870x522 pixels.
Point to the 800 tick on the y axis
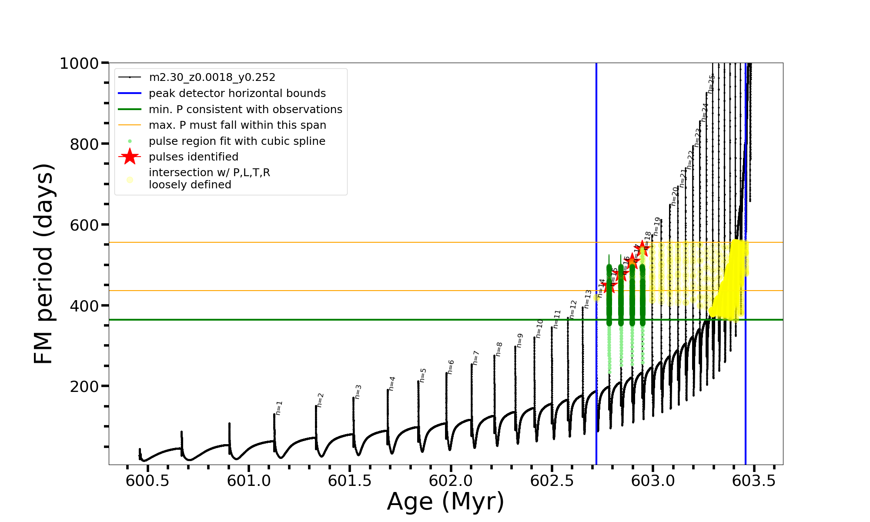click(84, 144)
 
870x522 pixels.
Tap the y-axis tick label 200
click(84, 386)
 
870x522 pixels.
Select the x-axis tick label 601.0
click(249, 481)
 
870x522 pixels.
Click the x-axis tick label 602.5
click(552, 481)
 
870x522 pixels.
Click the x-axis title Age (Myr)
click(445, 502)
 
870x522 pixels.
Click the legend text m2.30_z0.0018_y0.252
click(212, 77)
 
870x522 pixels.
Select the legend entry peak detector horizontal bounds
click(237, 94)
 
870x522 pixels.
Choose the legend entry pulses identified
click(194, 157)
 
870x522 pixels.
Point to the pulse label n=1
click(279, 408)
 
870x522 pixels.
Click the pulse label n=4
click(392, 384)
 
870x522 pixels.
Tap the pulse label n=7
click(475, 358)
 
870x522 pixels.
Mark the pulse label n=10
click(539, 328)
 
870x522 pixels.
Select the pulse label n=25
click(711, 84)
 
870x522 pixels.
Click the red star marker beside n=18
click(642, 249)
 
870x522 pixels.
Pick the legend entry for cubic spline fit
click(237, 141)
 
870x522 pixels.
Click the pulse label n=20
click(674, 196)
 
